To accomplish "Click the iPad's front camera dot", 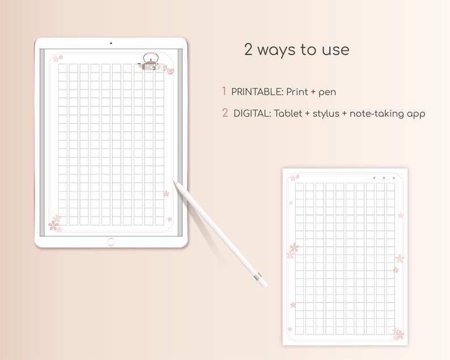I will coord(111,43).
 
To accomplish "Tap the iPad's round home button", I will coord(111,242).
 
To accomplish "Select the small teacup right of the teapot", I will coord(169,70).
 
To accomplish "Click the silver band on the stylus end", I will coord(259,278).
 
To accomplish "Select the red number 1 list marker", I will coord(224,91).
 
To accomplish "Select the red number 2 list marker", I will coord(225,113).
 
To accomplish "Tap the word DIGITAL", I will coord(252,113).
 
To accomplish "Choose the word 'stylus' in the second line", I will coord(322,114).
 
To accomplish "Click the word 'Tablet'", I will coord(287,113).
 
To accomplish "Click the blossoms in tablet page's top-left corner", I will coord(56,58).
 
